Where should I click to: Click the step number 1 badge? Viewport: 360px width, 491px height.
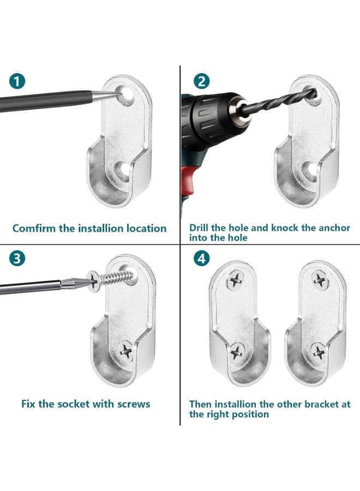pos(17,81)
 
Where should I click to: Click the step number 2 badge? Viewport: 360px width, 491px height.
pos(202,81)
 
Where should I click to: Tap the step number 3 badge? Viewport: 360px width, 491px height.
pos(17,259)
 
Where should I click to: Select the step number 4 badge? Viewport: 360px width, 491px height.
pos(202,259)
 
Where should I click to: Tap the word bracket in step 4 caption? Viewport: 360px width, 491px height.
pos(321,404)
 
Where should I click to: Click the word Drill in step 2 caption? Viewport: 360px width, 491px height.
pos(199,227)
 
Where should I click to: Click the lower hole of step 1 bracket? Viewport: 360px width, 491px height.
pos(123,171)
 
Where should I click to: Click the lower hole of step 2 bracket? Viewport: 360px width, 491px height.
pos(310,171)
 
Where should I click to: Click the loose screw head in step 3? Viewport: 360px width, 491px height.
pos(93,281)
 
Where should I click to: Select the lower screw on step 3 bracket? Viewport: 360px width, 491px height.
pos(126,350)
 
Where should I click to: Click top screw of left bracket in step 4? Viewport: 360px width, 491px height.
pos(236,279)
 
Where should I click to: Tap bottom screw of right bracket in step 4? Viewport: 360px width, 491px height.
pos(319,352)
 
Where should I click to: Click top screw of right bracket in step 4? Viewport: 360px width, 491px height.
pos(320,280)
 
